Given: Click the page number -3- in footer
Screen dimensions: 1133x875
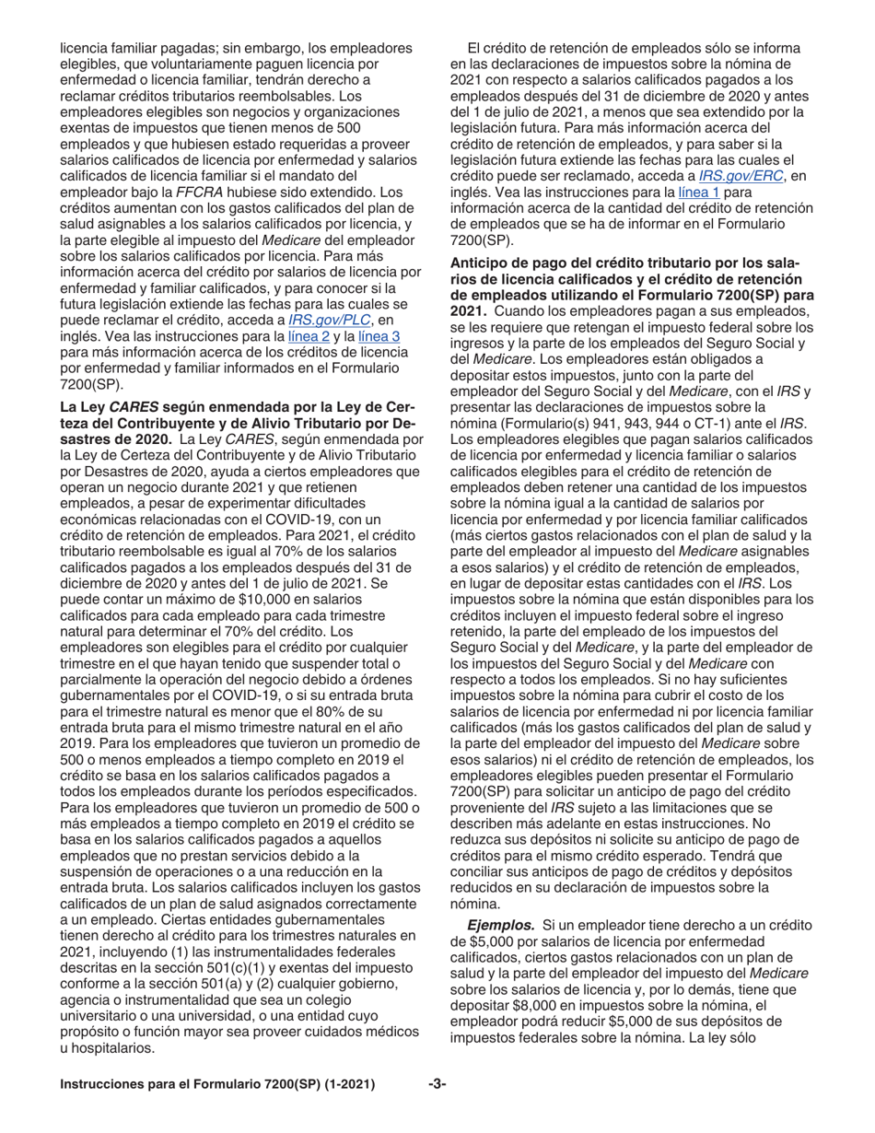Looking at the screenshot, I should [437, 1085].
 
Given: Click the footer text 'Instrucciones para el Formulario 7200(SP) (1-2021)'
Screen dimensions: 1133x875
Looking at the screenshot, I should [217, 1085].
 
